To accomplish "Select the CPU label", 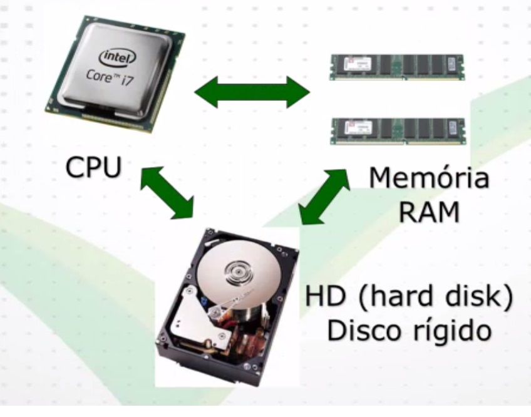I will tap(93, 168).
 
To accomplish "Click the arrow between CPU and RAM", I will tap(252, 93).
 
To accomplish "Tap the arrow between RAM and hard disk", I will tap(325, 196).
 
